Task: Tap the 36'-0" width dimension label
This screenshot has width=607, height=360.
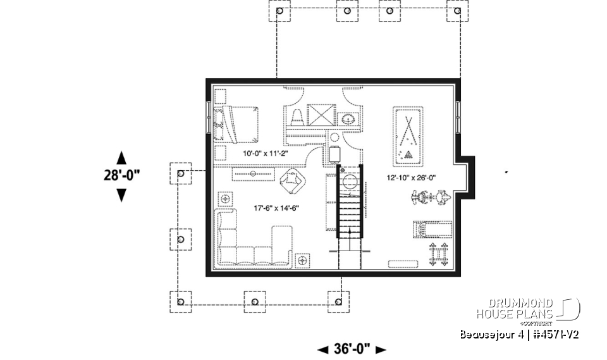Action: click(351, 349)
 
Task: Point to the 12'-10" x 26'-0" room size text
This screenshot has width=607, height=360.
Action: click(412, 178)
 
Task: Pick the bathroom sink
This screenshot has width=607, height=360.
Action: click(347, 118)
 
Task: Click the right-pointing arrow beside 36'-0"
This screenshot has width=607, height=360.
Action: click(380, 349)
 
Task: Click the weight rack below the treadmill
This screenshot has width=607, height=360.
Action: click(437, 254)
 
